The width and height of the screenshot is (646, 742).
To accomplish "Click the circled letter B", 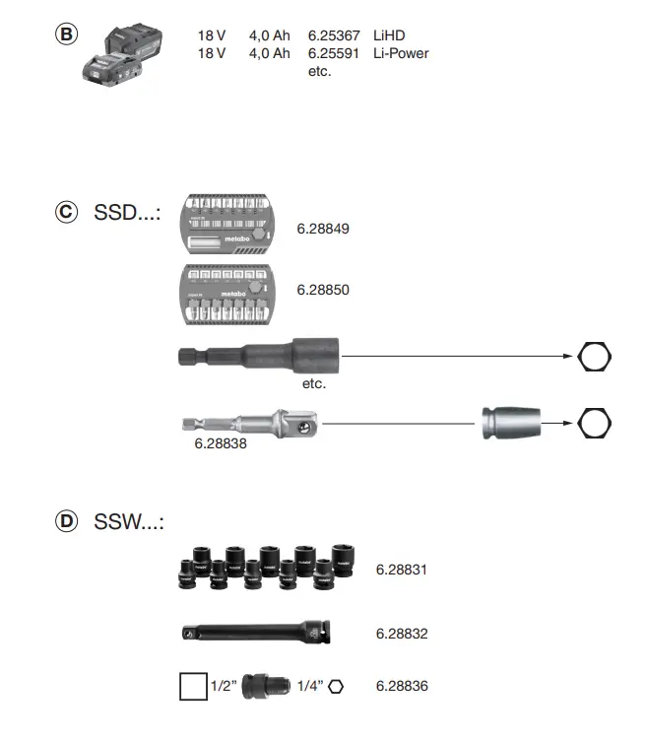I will pos(66,34).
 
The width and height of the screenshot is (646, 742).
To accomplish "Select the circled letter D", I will pos(66,522).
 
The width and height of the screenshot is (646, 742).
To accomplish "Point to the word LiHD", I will pos(390,35).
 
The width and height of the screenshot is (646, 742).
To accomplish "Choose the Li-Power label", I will pos(401,53).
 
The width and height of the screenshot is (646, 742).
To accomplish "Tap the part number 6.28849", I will pos(323,229).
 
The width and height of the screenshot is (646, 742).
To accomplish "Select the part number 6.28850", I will pos(323,290).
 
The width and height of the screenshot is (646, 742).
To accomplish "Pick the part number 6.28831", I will pos(402,569).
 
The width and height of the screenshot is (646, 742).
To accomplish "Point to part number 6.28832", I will pos(402,634).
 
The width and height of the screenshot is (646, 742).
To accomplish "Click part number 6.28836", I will pos(402,686).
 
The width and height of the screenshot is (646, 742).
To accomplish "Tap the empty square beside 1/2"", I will pos(194,686).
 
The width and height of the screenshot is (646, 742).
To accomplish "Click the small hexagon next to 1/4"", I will pos(337,686).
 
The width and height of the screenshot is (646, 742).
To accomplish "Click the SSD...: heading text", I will pos(128,212).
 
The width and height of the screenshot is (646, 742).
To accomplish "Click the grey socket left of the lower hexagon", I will pos(511,424).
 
